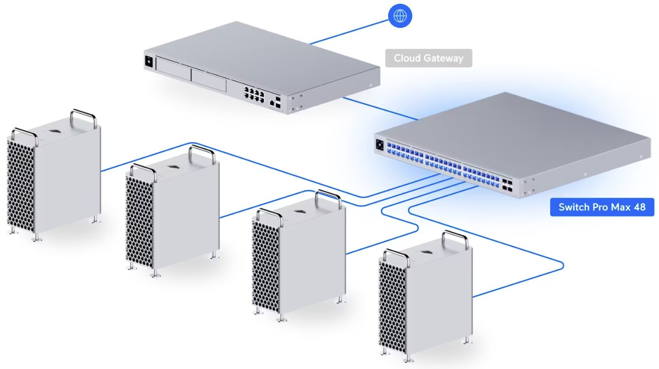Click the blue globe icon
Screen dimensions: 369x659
click(400, 16)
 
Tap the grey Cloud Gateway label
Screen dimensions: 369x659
click(428, 58)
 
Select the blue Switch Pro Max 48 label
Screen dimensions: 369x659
click(602, 207)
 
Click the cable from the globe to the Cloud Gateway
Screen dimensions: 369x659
click(349, 31)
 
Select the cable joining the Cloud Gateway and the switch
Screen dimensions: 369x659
click(379, 108)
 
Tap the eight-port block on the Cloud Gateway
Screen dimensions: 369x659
click(253, 91)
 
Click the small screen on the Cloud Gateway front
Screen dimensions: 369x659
click(149, 62)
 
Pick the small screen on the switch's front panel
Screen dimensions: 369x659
click(380, 145)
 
